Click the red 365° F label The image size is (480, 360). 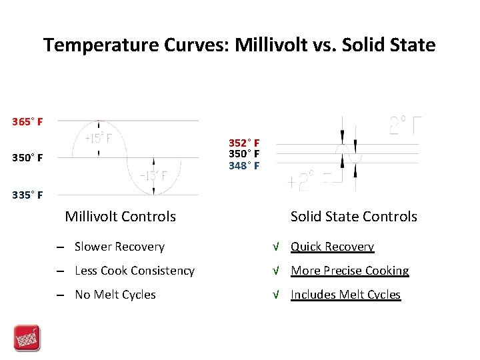(27, 122)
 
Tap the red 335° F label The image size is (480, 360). (27, 195)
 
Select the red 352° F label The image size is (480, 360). (244, 143)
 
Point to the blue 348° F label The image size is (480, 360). (244, 166)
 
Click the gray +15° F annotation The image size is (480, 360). (97, 139)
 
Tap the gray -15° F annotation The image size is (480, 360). (153, 176)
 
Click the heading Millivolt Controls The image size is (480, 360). (120, 216)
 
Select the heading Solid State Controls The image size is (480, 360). (353, 216)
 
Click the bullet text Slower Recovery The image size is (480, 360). (119, 247)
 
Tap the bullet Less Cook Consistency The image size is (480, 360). (135, 271)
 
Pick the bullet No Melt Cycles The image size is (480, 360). (115, 295)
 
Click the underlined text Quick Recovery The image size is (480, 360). (332, 247)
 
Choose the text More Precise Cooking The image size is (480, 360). (349, 271)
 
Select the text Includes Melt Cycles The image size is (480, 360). (345, 295)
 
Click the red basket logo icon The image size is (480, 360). (27, 338)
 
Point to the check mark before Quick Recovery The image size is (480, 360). (275, 247)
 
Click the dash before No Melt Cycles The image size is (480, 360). (60, 295)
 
